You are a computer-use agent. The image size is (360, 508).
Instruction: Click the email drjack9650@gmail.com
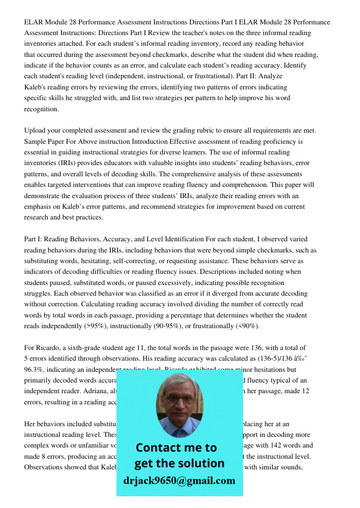179,481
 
